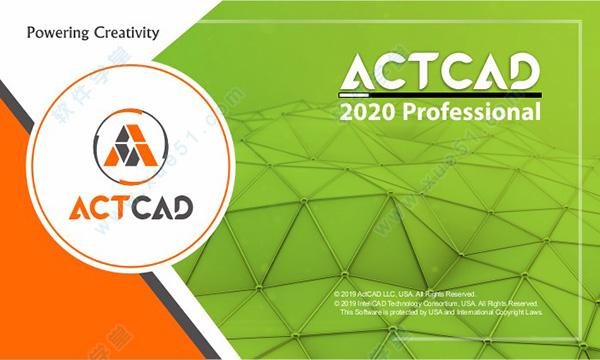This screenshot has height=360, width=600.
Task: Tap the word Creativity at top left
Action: click(124, 32)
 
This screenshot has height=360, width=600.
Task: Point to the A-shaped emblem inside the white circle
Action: click(126, 145)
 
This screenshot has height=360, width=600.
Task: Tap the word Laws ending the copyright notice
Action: click(538, 312)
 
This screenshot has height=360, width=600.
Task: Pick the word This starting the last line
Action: click(347, 312)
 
